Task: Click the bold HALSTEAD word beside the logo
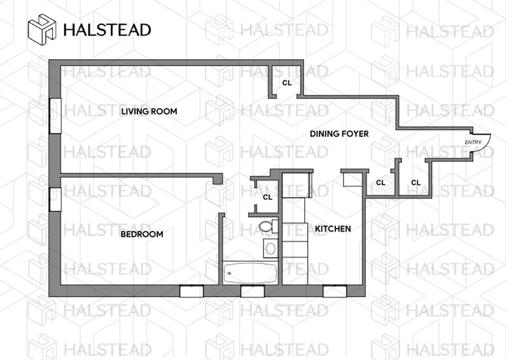(106, 30)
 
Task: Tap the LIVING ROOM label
(149, 112)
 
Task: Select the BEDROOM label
(142, 234)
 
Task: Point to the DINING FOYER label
(340, 134)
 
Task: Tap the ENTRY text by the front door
(473, 142)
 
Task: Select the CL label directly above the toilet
(268, 197)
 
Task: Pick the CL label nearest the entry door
(416, 183)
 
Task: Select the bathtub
(250, 274)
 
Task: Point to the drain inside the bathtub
(230, 274)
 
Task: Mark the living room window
(55, 115)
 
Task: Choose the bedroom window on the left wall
(55, 198)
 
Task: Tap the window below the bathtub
(252, 291)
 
